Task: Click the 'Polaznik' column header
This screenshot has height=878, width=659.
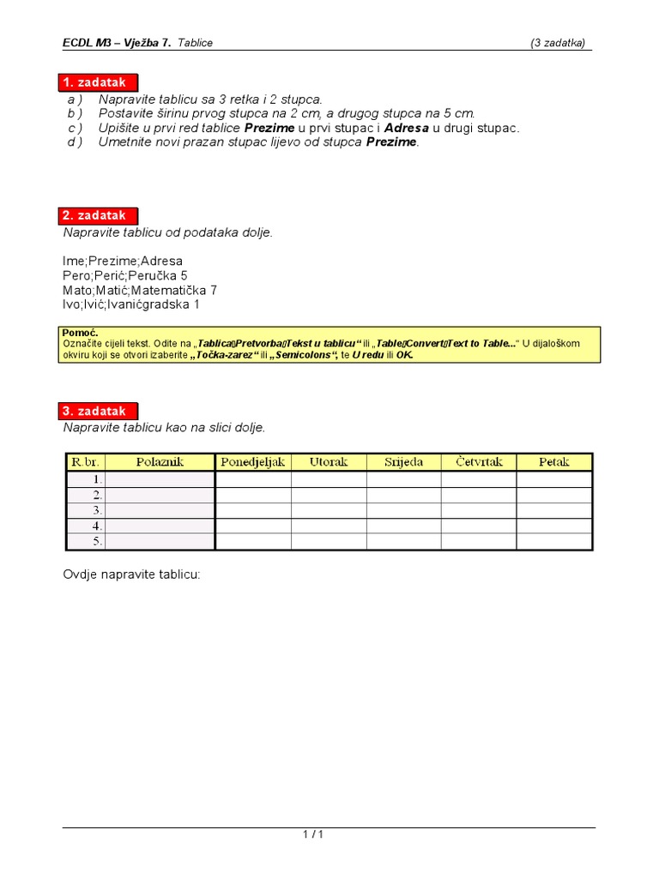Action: click(x=160, y=462)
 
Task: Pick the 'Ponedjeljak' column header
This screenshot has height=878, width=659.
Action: click(x=253, y=462)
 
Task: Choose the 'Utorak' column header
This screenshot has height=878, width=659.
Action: click(x=329, y=462)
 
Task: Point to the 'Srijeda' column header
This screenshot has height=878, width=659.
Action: click(x=403, y=462)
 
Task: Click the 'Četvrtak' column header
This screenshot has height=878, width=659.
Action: click(x=478, y=462)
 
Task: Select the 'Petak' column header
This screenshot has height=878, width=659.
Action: click(x=553, y=462)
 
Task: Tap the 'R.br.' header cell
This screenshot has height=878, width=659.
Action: click(x=86, y=462)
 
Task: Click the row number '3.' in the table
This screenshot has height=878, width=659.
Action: click(x=98, y=511)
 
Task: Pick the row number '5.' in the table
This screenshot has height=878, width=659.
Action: click(x=98, y=542)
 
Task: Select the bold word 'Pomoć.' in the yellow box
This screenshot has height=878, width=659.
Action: click(x=81, y=333)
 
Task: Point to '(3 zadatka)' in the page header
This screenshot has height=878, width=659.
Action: click(x=559, y=43)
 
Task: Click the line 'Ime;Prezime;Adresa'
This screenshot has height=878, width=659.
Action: click(x=123, y=261)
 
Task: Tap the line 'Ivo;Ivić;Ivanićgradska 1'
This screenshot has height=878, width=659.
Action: click(x=131, y=304)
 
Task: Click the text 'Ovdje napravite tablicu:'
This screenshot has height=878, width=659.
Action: click(x=131, y=574)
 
